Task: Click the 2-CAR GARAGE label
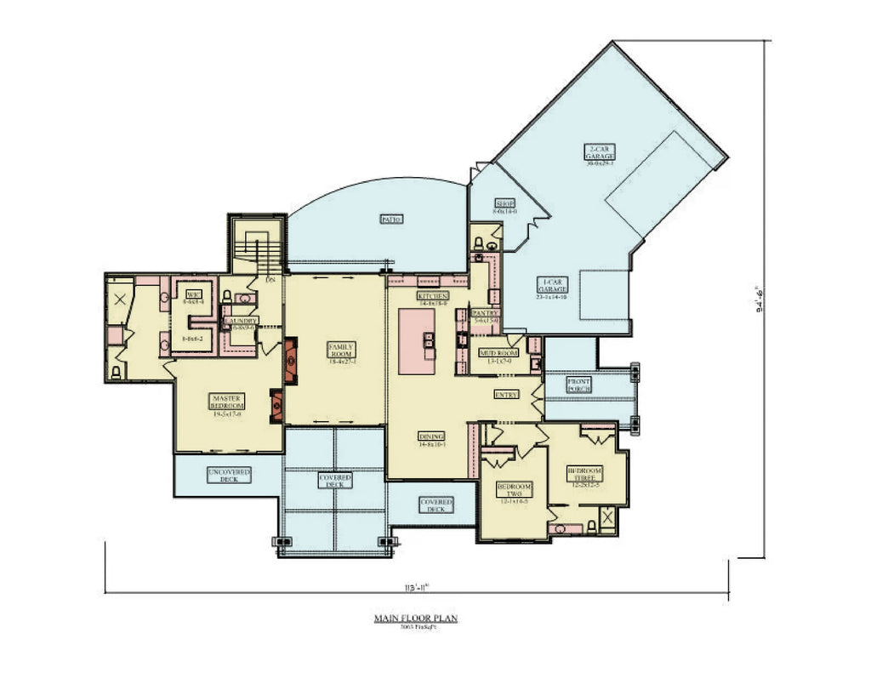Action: coord(600,153)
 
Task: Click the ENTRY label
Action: coord(508,394)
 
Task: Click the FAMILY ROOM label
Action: coord(341,351)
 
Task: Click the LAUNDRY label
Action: coord(241,322)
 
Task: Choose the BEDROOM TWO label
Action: coord(515,490)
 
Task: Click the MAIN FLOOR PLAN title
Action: coord(415,619)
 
